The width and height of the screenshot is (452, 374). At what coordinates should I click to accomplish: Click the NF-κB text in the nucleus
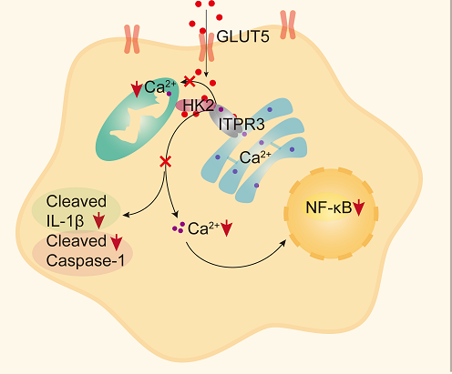pyautogui.click(x=328, y=210)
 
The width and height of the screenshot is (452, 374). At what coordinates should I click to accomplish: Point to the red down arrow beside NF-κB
pyautogui.click(x=359, y=210)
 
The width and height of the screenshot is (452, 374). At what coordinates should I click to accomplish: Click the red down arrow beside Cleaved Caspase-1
pyautogui.click(x=115, y=242)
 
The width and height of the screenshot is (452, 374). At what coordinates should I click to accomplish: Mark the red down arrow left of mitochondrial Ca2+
pyautogui.click(x=137, y=89)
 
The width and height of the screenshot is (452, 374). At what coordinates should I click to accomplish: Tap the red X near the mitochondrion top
pyautogui.click(x=189, y=82)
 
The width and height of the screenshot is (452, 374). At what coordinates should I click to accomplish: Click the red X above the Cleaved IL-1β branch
pyautogui.click(x=166, y=161)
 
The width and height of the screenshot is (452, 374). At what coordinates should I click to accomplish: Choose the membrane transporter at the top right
pyautogui.click(x=289, y=25)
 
